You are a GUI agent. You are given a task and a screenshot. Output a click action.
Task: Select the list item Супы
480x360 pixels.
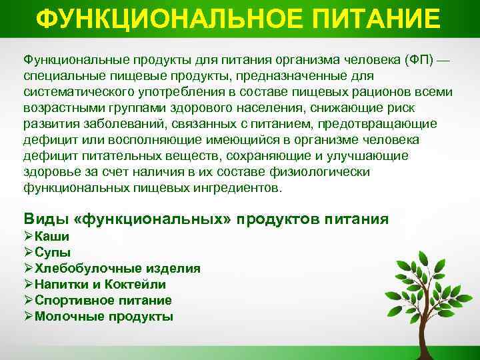tap(53, 252)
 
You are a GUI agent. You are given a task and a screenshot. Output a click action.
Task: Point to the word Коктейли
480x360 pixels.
tap(133, 285)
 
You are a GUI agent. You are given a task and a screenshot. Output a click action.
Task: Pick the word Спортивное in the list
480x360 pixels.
tap(71, 301)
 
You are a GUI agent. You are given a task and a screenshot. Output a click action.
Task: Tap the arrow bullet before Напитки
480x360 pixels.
tap(28, 285)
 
